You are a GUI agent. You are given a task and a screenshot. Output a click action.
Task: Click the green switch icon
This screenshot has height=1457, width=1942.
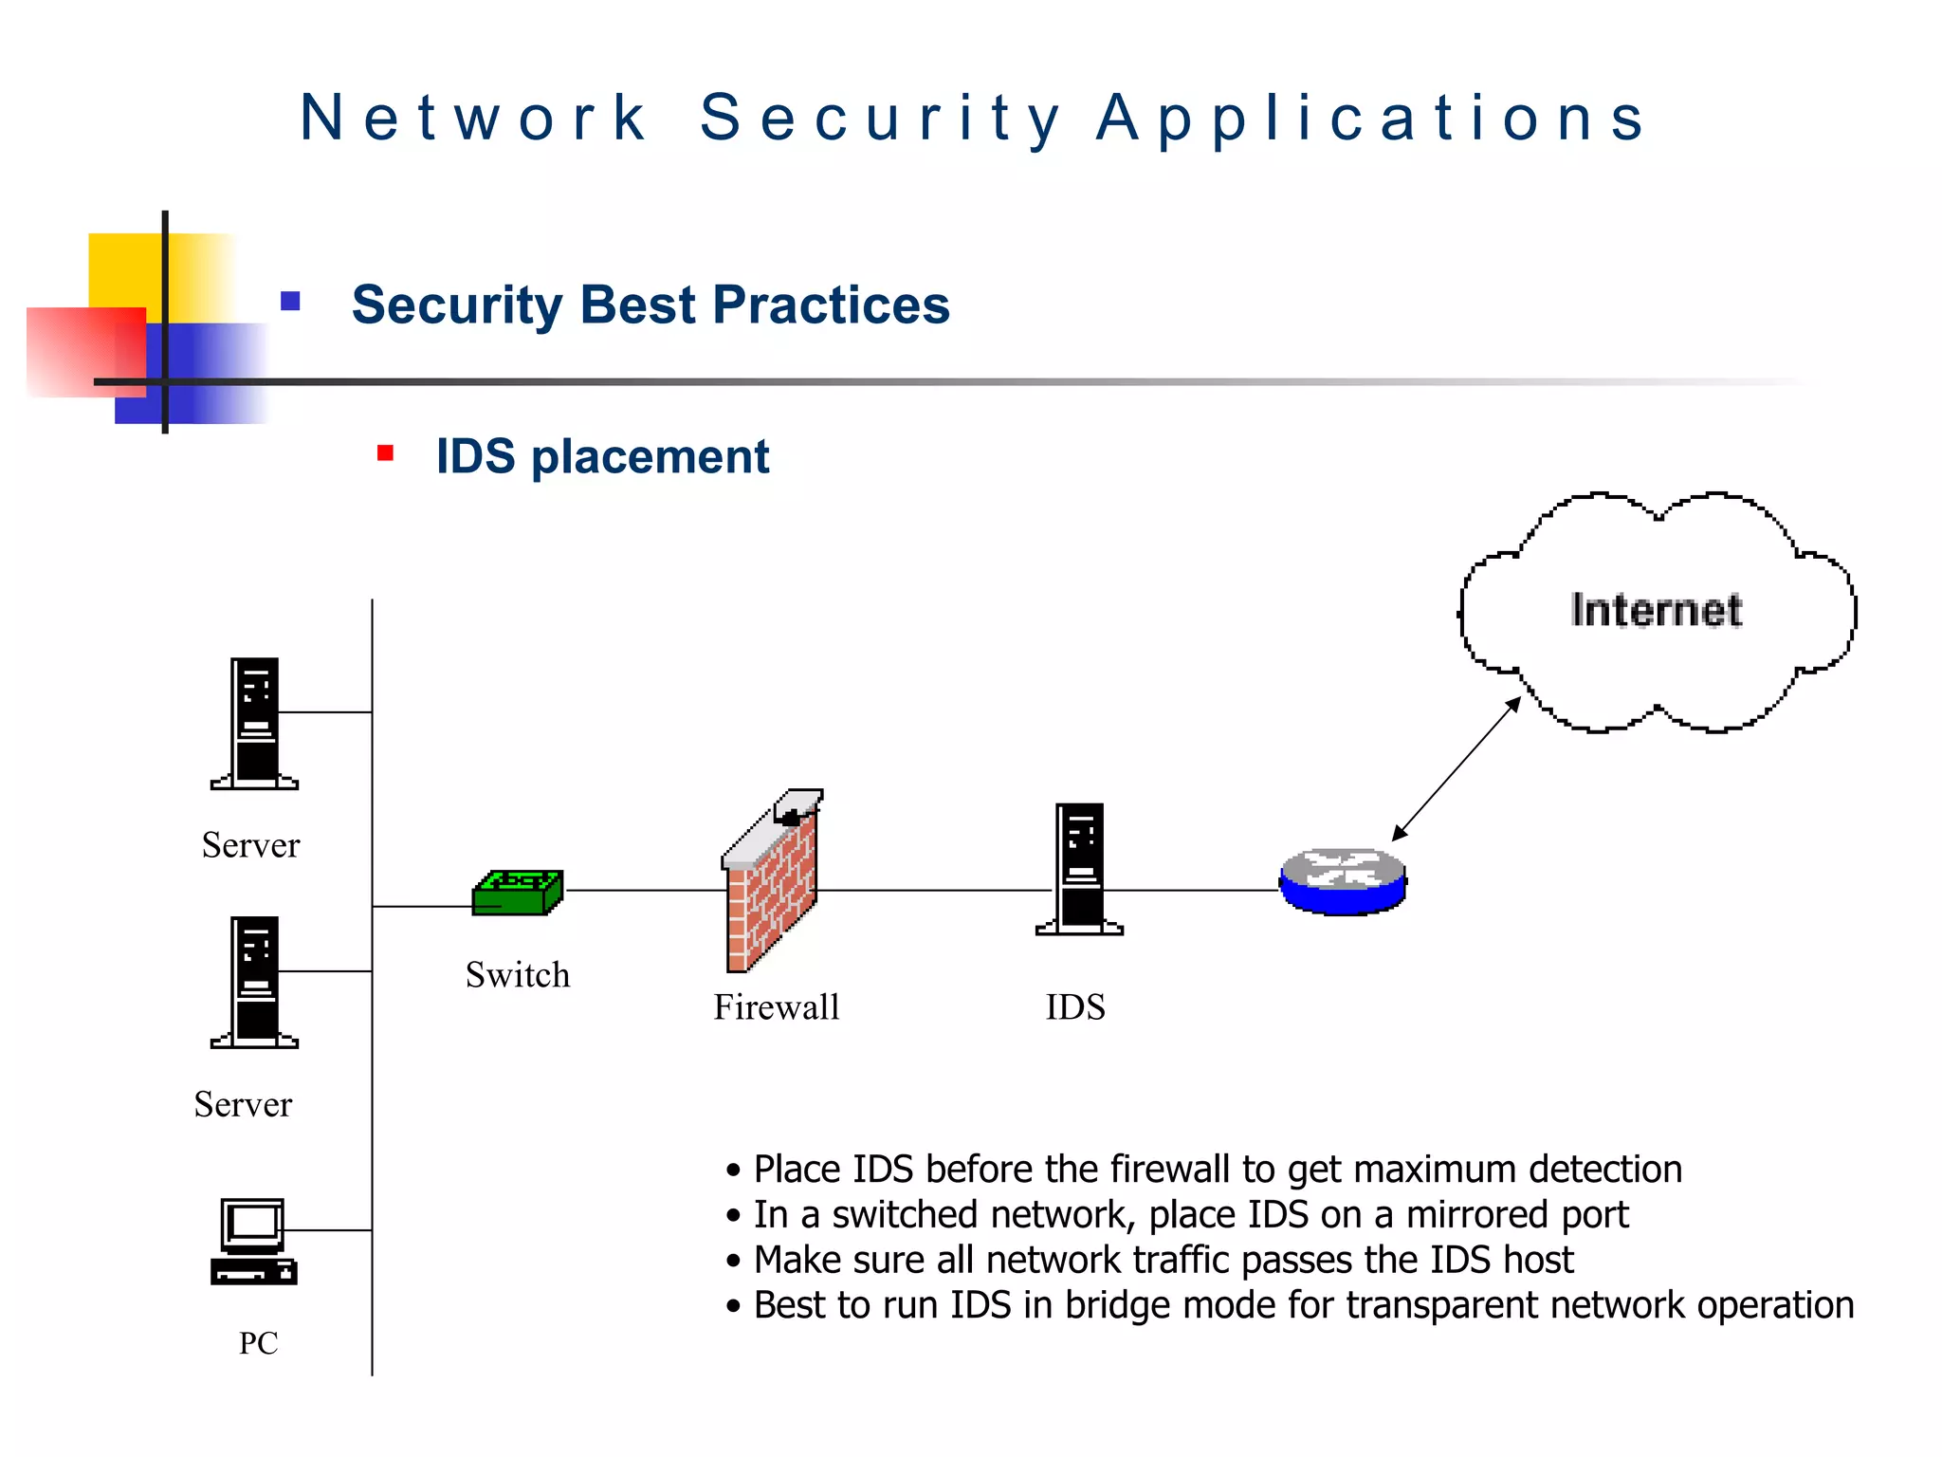(518, 893)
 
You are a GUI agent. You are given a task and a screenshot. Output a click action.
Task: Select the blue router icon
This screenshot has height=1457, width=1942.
(1343, 882)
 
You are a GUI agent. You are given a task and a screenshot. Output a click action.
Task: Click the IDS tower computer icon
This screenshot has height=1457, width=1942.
(1080, 869)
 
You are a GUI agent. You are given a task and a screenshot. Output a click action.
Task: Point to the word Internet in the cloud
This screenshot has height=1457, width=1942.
(1656, 610)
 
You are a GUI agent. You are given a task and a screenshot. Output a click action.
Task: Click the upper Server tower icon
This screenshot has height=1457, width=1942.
(255, 723)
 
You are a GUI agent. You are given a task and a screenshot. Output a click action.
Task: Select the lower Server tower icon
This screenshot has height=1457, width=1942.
(255, 982)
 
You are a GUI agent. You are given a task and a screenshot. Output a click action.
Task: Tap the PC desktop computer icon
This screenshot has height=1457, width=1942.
(253, 1242)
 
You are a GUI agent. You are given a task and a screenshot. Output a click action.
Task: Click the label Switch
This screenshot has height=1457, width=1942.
(518, 975)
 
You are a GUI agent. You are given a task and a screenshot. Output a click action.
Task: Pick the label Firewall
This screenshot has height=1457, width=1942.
(777, 1007)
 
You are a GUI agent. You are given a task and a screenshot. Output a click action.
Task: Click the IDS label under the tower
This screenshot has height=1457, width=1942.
(1075, 1007)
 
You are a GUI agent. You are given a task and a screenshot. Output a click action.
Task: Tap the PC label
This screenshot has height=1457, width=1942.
(258, 1343)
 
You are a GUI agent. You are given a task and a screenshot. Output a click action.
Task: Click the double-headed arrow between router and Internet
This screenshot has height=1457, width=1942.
(1456, 769)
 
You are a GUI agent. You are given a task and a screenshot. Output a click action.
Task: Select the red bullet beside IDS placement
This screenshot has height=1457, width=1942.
(385, 453)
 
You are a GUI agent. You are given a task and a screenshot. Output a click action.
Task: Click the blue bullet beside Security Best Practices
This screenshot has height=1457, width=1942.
(290, 302)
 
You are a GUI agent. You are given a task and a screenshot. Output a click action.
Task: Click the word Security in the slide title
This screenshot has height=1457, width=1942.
(880, 119)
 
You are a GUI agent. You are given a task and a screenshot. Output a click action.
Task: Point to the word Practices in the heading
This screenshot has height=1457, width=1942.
(831, 305)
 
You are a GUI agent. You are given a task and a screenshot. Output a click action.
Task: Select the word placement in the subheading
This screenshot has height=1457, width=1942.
(650, 457)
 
